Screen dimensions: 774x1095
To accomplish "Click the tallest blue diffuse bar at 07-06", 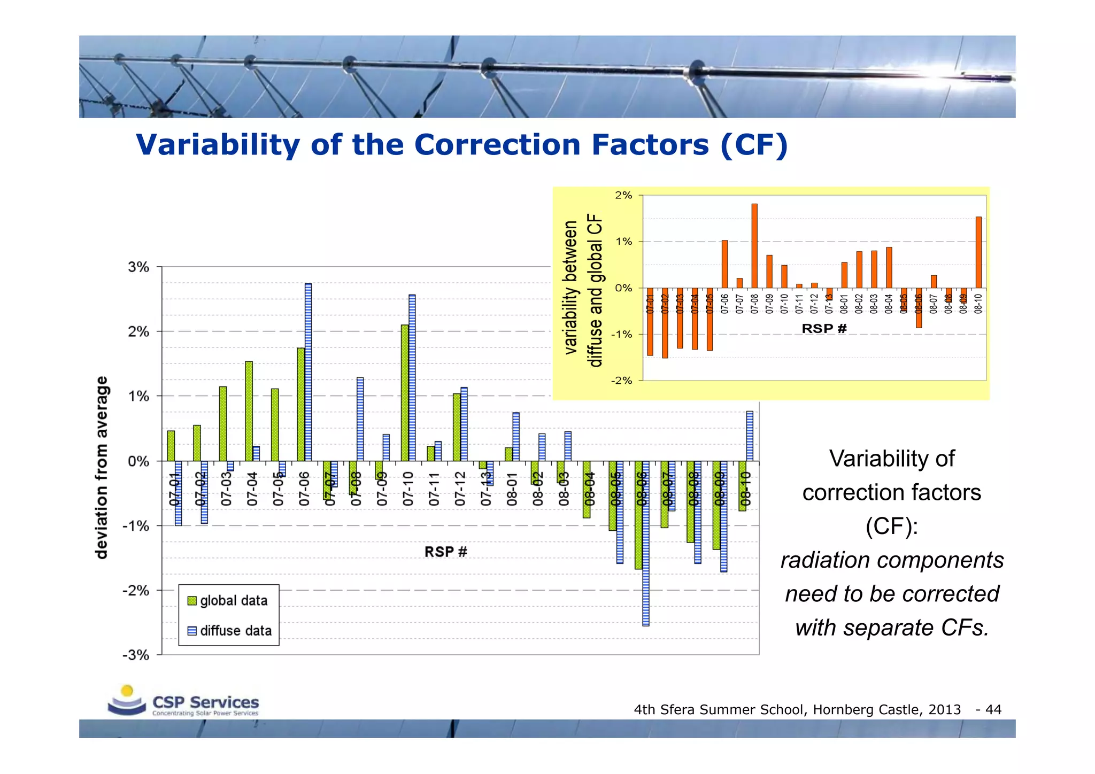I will click(x=308, y=371).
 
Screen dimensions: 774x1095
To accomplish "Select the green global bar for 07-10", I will click(x=405, y=393).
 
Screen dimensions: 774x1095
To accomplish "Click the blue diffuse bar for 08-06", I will click(x=646, y=543).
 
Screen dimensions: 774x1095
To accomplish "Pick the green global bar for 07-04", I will click(x=249, y=411).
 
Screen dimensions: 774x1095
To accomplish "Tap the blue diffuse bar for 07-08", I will click(x=360, y=419).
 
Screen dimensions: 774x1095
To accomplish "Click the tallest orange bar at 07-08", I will click(x=754, y=246).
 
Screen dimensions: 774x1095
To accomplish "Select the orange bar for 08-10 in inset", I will click(x=978, y=252).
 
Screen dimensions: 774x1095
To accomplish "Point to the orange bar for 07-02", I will click(x=665, y=323).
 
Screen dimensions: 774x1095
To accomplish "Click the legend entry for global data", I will click(x=228, y=601).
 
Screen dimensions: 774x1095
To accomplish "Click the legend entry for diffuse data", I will click(x=230, y=631).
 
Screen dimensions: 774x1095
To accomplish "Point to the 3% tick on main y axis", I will click(x=138, y=267).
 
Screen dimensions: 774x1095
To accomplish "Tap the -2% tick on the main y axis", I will click(x=136, y=591).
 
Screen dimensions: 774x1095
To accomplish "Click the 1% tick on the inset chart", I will click(x=623, y=242).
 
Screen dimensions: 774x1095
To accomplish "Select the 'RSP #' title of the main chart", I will click(x=445, y=552).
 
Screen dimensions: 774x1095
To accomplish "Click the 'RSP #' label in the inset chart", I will click(x=823, y=329).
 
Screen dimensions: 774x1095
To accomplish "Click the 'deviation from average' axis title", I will click(x=102, y=468).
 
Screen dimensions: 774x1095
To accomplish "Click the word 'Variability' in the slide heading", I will click(x=218, y=145).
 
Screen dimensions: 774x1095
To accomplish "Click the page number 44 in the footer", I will click(x=993, y=710).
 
